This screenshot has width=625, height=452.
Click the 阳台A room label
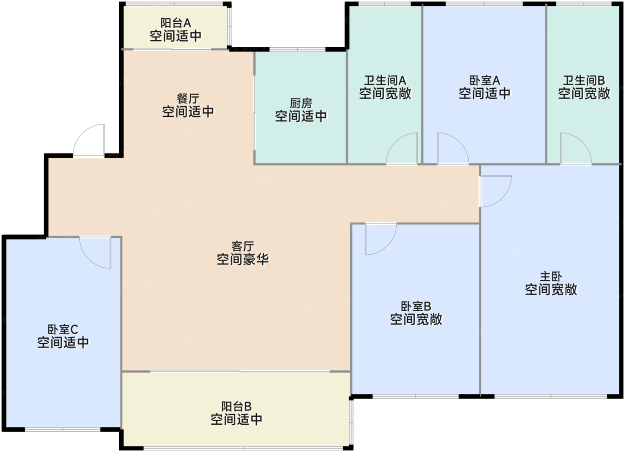point(175,23)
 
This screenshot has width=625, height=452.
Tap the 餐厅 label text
point(188,99)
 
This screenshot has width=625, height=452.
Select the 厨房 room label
point(301,104)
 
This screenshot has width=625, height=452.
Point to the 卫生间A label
point(385,81)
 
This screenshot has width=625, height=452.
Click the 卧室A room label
point(484,81)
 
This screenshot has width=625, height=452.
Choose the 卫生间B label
point(583,81)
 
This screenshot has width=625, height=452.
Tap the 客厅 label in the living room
point(243,246)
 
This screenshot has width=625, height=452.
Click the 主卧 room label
point(551,277)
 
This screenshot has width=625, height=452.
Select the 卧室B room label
point(416,307)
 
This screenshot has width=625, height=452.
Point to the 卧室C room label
point(63,330)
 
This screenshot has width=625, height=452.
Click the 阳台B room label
point(236,406)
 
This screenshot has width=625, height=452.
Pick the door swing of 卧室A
point(452,149)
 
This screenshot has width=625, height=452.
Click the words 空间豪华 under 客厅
point(243,259)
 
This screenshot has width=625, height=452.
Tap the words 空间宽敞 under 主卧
point(551,290)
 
